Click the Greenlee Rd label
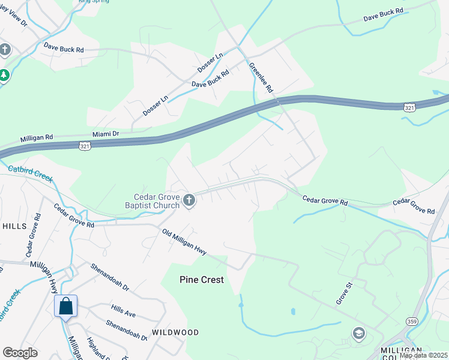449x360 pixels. coord(261,77)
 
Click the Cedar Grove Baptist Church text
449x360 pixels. coord(157,201)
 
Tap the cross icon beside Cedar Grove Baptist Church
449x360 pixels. coord(189,200)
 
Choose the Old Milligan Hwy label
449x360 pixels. coord(184,242)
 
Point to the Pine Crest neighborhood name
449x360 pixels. coord(202,280)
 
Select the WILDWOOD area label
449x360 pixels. coord(175,332)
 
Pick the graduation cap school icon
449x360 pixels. coord(359,334)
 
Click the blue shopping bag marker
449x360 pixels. coord(65,306)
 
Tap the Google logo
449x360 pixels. coord(20,353)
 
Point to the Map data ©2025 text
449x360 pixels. coord(423,355)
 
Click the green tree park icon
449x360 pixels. coord(4,75)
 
